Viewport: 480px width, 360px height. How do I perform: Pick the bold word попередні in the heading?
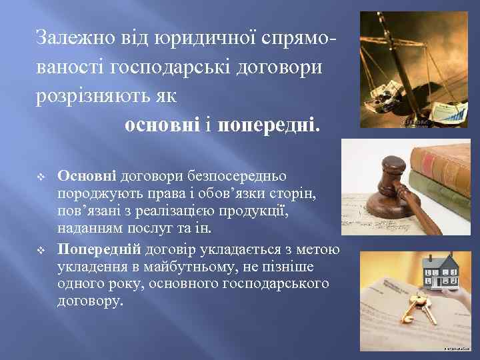[x=269, y=125]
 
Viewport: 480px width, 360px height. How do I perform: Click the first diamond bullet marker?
[x=42, y=176]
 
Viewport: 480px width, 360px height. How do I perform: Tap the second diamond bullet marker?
[x=42, y=250]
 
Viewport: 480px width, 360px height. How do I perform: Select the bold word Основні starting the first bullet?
[x=87, y=175]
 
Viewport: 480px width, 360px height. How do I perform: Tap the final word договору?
[x=91, y=301]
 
